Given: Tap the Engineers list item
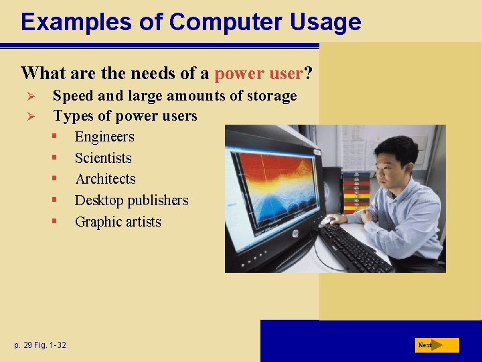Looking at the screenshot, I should point(104,137).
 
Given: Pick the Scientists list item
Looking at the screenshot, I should point(103,158).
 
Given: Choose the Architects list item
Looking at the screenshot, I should point(105,179).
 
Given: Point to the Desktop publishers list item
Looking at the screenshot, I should point(131,200).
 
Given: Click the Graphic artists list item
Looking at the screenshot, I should point(118,222).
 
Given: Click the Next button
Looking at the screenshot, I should point(436,345).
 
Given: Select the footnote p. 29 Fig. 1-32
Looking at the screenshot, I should point(39,345).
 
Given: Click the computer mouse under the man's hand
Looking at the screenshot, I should point(328,219).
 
